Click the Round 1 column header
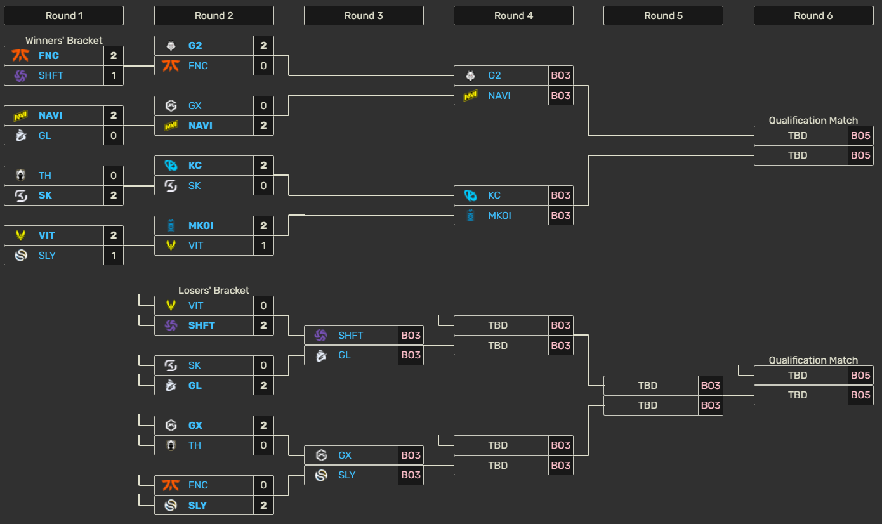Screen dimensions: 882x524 point(64,16)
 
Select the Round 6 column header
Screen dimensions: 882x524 point(813,16)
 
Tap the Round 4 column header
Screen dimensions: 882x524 point(513,16)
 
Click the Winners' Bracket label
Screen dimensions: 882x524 point(64,40)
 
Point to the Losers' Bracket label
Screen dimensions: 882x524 point(214,290)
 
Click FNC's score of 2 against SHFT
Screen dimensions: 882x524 point(114,56)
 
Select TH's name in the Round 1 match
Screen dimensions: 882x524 point(45,175)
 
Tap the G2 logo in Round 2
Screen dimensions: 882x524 point(171,46)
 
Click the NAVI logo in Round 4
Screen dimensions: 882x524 point(471,96)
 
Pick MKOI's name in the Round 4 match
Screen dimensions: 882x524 point(499,215)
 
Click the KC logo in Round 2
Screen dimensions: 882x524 point(171,166)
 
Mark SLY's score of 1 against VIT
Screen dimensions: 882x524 point(114,256)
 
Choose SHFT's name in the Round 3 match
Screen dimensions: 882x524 point(350,336)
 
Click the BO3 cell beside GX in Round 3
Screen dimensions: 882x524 point(411,455)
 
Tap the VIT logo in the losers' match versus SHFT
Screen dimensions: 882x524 point(171,305)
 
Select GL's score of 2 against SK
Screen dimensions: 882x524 point(263,386)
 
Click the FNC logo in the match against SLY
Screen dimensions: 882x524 point(171,485)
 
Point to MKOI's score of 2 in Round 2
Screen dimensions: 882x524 point(263,226)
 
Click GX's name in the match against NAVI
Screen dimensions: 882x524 point(195,105)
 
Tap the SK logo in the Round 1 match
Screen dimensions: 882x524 point(21,195)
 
